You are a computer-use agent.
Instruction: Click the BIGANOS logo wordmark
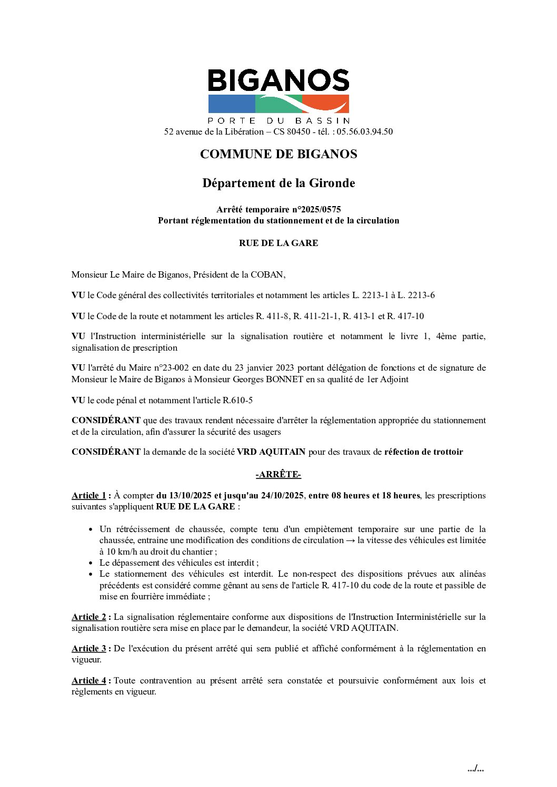(278, 80)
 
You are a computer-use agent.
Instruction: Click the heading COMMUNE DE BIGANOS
(278, 155)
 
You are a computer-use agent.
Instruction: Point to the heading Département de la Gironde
(278, 183)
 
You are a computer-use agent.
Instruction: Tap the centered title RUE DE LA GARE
(278, 243)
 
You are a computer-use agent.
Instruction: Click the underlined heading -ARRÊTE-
(278, 475)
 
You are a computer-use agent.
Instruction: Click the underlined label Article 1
(89, 496)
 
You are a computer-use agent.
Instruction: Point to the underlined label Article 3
(89, 649)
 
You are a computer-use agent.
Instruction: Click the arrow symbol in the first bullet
(350, 540)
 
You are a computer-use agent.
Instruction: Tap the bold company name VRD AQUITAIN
(271, 452)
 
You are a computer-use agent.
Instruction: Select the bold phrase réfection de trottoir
(423, 452)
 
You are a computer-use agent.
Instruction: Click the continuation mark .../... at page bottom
(475, 769)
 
